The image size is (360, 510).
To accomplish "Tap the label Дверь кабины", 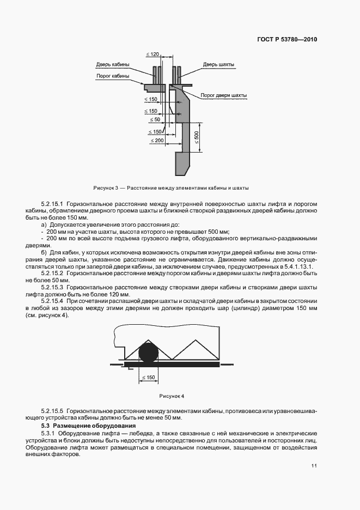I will (113, 64).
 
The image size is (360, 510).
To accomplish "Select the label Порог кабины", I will (113, 76).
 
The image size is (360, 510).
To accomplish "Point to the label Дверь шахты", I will (219, 64).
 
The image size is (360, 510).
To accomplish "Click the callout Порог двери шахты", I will (223, 95).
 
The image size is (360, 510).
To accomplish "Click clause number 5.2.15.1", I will (52, 203).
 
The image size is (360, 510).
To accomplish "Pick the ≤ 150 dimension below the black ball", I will (148, 377).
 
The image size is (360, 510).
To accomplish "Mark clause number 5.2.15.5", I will (52, 410).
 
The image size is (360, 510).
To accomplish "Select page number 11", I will (314, 465).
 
